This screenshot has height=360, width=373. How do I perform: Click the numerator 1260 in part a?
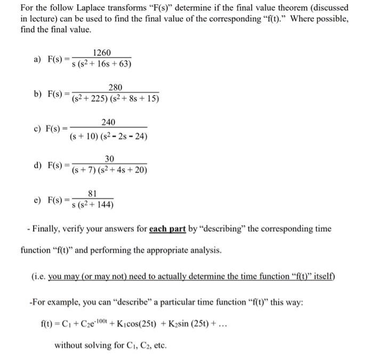[x=102, y=52]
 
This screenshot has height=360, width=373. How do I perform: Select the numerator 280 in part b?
[x=115, y=87]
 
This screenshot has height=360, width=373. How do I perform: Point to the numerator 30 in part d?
[x=110, y=159]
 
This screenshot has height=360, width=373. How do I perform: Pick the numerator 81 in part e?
[x=92, y=194]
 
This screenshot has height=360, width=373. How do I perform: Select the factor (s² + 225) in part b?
[x=93, y=100]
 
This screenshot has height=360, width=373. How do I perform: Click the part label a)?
[x=38, y=59]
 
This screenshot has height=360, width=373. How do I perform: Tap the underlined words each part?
[x=167, y=229]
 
